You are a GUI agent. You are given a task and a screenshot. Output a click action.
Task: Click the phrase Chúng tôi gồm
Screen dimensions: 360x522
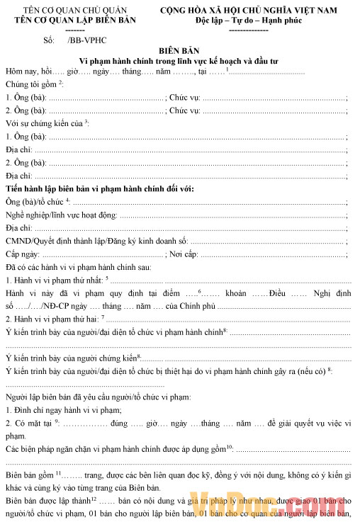coord(33,85)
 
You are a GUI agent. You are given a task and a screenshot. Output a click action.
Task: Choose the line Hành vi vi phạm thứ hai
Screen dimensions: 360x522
coord(55,318)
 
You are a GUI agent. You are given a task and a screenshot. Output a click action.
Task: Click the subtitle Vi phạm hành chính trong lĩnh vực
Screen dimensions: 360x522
coord(180,62)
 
